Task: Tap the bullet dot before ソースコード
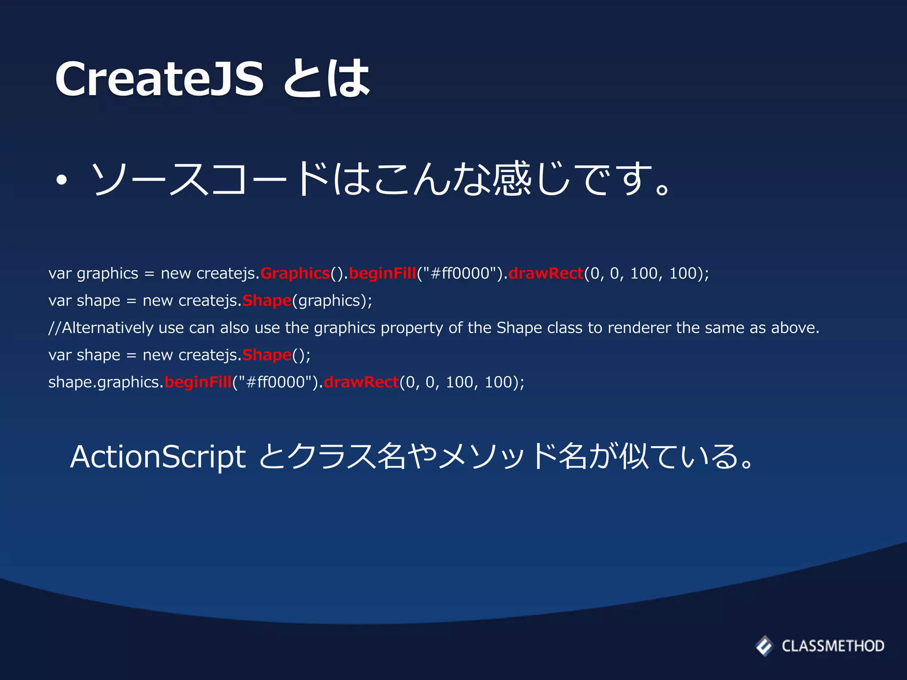click(62, 180)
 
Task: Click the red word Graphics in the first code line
click(295, 273)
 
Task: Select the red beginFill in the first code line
click(383, 273)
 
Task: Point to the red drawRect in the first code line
click(546, 273)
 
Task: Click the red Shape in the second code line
click(267, 301)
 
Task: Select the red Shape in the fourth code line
click(267, 355)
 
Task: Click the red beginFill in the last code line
click(198, 382)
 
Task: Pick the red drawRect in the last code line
click(361, 382)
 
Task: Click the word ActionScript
click(158, 457)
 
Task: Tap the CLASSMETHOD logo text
click(833, 646)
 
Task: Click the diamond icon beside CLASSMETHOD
click(764, 646)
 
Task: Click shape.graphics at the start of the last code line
click(106, 382)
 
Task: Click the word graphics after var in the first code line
click(108, 274)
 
